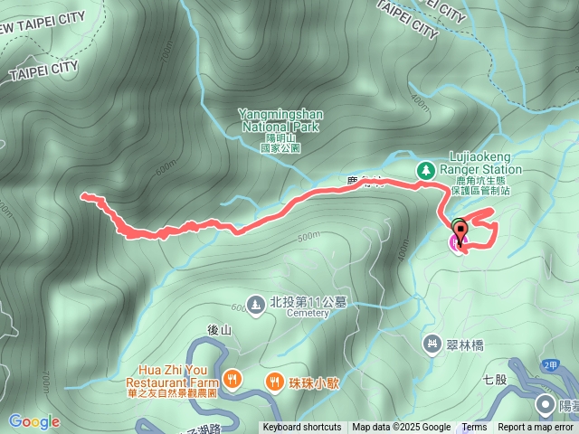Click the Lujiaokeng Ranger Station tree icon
click(425, 170)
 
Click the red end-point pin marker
click(459, 231)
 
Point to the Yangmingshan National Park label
click(280, 120)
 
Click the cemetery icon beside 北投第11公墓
click(256, 304)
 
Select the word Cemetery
click(310, 315)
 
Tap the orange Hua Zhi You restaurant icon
click(233, 380)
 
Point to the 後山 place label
click(221, 331)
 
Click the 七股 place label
click(495, 380)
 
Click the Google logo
click(34, 421)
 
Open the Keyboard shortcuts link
click(302, 428)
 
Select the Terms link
click(474, 428)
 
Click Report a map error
click(536, 428)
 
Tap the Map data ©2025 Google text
click(401, 428)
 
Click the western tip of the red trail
click(83, 194)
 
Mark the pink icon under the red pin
click(454, 244)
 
